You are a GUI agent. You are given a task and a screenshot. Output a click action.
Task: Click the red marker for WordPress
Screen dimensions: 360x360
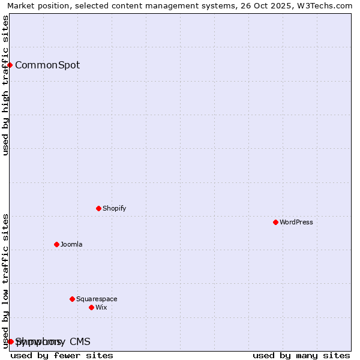point(275,222)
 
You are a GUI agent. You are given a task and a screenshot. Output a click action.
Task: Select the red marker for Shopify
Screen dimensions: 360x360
point(98,208)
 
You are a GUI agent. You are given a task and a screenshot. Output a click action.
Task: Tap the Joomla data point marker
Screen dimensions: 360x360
point(56,244)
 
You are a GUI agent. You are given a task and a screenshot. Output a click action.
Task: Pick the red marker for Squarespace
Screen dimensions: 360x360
point(72,299)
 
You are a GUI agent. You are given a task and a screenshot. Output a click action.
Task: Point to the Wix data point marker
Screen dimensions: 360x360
point(91,307)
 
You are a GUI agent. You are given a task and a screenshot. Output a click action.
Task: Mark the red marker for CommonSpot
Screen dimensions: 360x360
point(10,65)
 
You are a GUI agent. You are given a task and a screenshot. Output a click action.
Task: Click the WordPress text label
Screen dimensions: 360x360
point(296,222)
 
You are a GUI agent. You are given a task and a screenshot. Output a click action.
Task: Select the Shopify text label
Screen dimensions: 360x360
point(115,208)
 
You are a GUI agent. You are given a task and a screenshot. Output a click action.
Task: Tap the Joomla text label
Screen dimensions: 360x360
point(71,244)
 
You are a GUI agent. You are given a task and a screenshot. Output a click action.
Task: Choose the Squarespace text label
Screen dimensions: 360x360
point(97,299)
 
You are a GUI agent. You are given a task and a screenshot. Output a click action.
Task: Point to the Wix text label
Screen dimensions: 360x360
point(101,307)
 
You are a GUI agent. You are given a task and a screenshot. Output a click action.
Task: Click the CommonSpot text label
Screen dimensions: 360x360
point(47,65)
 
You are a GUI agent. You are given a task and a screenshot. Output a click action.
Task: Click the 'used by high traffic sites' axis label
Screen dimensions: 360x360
point(5,85)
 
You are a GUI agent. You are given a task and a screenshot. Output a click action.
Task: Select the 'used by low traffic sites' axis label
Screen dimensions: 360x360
point(5,280)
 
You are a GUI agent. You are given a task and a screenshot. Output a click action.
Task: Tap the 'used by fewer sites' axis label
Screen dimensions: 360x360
point(62,355)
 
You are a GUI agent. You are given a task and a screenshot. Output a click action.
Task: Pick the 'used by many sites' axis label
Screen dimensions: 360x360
point(301,355)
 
